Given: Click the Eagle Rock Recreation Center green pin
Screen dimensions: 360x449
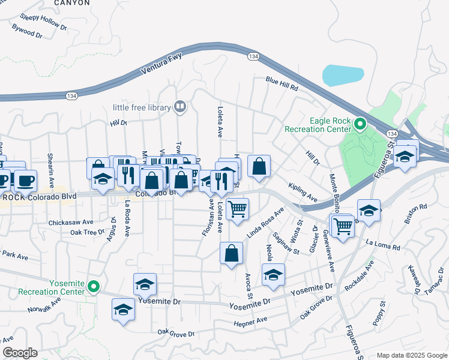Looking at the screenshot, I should [x=360, y=124].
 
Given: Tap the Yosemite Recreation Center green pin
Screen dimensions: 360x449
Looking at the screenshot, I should [x=93, y=287].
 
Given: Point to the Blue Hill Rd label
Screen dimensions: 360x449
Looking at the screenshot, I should [x=282, y=83].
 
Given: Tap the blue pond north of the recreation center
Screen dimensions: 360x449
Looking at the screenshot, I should [x=343, y=76].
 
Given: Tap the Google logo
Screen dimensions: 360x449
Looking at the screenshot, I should [x=20, y=353].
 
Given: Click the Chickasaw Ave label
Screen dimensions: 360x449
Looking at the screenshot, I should [x=71, y=221].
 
